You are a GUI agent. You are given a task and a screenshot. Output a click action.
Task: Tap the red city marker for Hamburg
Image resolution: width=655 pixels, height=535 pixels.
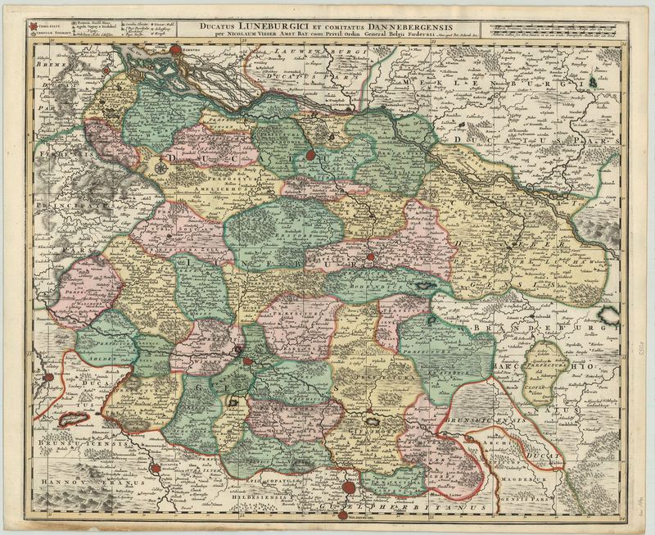click(x=174, y=52)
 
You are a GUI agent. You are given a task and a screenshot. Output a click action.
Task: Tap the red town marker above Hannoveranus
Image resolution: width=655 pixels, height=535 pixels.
click(x=154, y=468)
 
